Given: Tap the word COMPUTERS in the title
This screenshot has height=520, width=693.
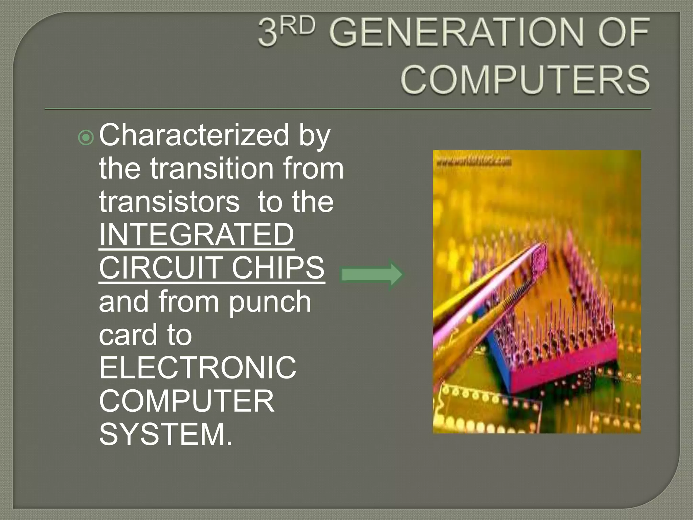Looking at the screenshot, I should coord(525,80).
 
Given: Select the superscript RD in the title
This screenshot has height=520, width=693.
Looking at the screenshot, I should coord(298,26).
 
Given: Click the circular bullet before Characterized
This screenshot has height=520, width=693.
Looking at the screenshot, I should coord(86,138).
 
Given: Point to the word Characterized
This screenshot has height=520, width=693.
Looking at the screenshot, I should coord(194,135).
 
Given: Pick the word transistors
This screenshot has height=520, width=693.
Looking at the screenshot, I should coord(169,202).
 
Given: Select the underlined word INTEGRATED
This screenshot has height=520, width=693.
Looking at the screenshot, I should coord(196,235).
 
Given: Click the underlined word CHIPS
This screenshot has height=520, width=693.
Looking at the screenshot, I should coord(278,268).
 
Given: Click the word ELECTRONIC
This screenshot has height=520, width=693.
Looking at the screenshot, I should coord(198,367).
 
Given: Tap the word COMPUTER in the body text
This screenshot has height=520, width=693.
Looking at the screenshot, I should coord(186,401).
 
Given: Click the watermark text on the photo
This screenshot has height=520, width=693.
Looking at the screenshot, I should coord(474,162).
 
